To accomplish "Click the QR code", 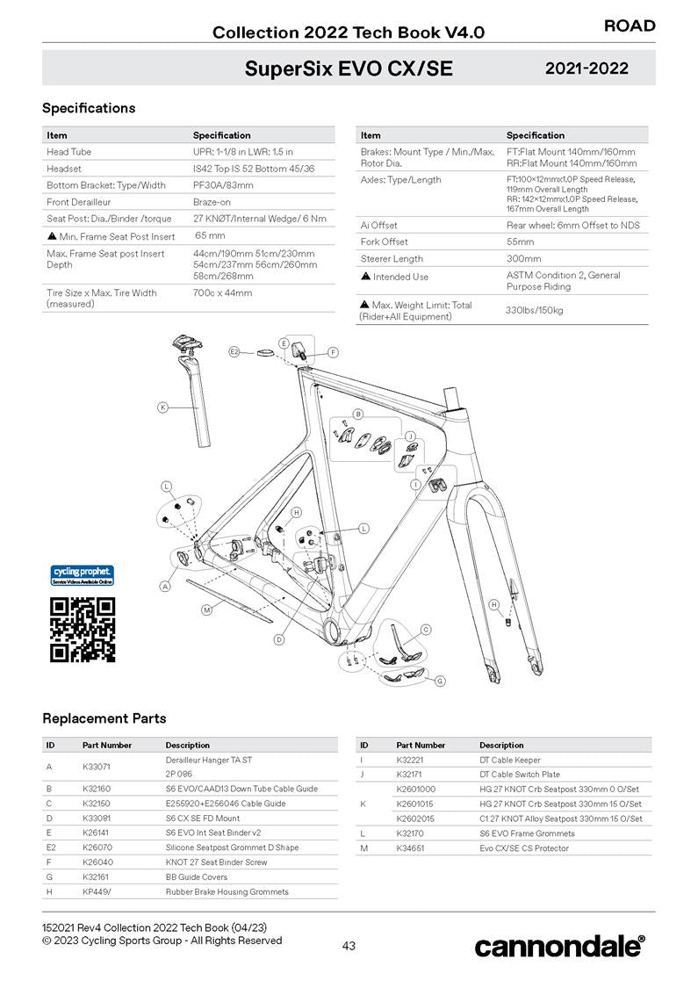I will tap(83, 629).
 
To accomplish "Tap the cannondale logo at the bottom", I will tap(559, 946).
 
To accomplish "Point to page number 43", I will tap(349, 946).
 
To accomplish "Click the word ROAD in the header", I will tap(630, 26).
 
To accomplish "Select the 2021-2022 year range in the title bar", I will tap(586, 69).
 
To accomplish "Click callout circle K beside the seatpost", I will tap(162, 407).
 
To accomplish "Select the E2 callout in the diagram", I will tap(234, 351).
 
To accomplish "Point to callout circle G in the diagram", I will tap(440, 681).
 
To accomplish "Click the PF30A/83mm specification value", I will tap(223, 185).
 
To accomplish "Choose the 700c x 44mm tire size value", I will tap(222, 292).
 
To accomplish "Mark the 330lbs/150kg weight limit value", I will tap(535, 311).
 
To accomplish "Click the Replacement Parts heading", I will tap(104, 718).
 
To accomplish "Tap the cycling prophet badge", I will tap(83, 575).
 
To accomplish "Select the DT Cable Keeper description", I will tap(510, 760).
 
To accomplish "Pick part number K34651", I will tap(411, 848).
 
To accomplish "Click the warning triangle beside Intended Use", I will tap(365, 277).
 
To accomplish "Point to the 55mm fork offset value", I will tap(520, 242).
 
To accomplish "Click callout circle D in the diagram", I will tap(278, 639).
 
